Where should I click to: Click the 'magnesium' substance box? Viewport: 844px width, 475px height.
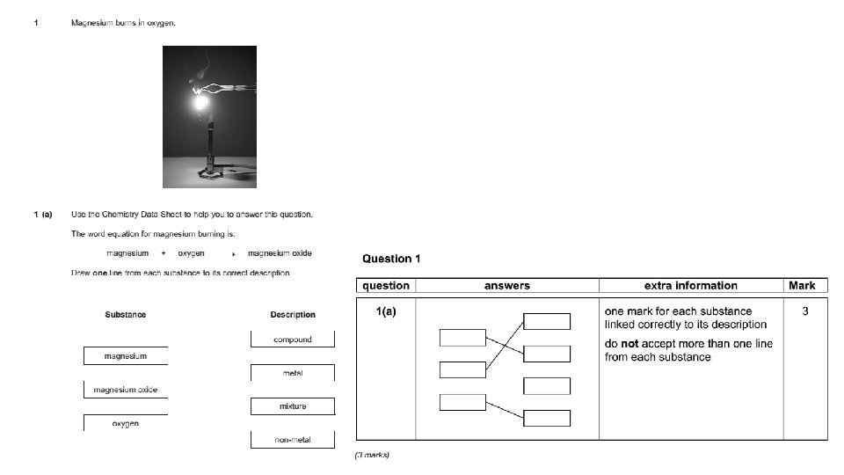125,356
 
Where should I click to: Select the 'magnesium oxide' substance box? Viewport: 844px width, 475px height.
125,390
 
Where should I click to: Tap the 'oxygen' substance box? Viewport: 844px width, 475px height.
125,423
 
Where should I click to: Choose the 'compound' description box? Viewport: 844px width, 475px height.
292,340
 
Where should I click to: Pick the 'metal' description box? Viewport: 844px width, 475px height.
292,373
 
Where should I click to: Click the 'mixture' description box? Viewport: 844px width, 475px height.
292,406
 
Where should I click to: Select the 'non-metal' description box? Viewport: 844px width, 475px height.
292,440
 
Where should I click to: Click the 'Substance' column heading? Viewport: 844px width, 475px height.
125,314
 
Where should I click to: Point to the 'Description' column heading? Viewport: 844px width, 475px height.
292,314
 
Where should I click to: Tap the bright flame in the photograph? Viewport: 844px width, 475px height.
201,103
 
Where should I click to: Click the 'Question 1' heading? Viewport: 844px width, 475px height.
391,259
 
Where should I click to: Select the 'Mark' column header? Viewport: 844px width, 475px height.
802,285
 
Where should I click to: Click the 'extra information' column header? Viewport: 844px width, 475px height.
690,285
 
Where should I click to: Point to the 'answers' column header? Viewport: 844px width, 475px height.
507,285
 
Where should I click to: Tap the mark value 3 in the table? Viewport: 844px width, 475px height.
804,311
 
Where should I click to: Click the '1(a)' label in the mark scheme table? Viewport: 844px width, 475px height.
384,311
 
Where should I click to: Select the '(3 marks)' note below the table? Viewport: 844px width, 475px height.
372,455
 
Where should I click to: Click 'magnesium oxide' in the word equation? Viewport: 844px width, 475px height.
280,253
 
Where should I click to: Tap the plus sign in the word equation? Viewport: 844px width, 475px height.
164,253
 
